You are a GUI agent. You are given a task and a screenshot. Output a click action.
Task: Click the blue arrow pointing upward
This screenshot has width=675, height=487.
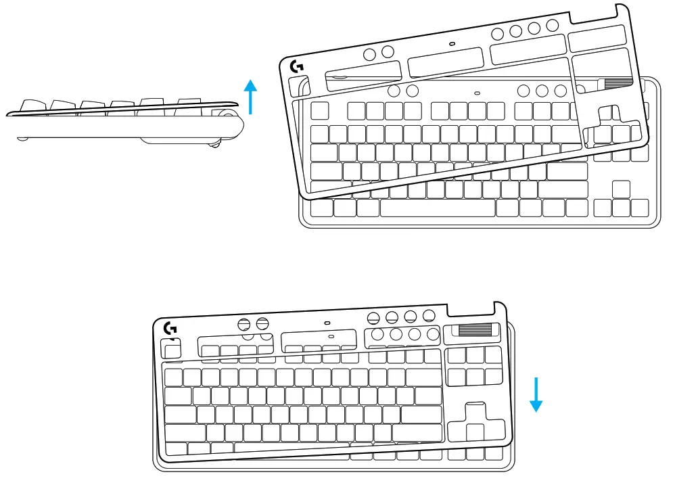(x=251, y=97)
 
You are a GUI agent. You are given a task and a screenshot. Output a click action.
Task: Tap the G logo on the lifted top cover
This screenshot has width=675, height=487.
(x=296, y=67)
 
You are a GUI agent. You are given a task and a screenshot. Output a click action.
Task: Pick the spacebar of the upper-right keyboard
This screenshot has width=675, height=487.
(x=437, y=208)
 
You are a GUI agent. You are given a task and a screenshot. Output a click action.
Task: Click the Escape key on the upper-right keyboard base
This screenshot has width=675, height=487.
(x=319, y=110)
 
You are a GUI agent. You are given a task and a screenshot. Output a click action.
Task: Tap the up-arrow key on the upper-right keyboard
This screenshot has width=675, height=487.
(x=621, y=189)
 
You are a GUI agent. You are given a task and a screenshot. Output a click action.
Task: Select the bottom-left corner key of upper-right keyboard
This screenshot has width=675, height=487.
(x=322, y=208)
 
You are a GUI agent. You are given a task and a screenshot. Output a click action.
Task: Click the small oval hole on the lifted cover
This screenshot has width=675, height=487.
(x=452, y=44)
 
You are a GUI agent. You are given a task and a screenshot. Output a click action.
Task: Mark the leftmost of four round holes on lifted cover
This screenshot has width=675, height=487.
(x=498, y=34)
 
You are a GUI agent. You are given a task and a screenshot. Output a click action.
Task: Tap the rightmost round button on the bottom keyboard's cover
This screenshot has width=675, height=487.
(x=428, y=315)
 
